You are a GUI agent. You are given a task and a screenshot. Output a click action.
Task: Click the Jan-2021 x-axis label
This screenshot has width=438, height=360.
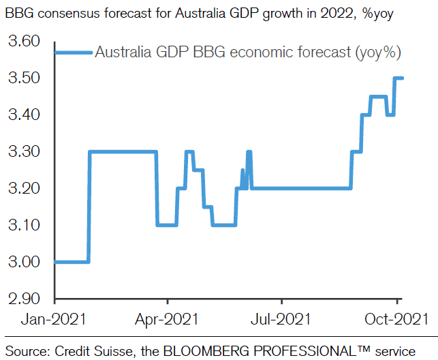coord(54,319)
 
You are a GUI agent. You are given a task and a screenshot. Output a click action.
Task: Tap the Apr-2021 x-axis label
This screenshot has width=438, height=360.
coord(168,319)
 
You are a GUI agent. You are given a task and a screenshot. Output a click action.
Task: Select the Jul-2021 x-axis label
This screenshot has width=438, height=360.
coord(281,319)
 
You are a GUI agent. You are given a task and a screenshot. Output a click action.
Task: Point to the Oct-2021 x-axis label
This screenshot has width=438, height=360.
coord(397,319)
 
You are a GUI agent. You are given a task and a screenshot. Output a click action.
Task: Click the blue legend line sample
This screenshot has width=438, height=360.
coord(73,52)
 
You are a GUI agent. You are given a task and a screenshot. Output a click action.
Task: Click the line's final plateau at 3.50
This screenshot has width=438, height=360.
coord(398,78)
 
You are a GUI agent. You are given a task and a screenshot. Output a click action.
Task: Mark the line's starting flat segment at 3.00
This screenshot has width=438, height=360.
coord(72,262)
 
